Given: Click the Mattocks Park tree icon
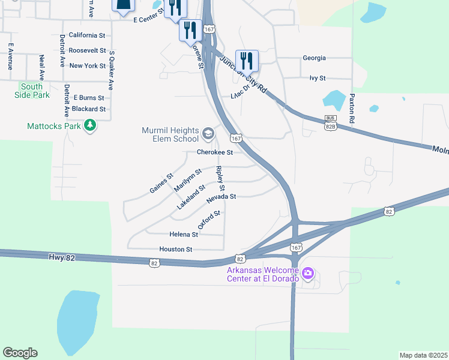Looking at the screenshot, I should tap(90, 125).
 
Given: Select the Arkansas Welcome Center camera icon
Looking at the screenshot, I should tap(308, 274).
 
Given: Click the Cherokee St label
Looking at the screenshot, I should tap(215, 152).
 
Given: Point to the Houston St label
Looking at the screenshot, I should tap(175, 249).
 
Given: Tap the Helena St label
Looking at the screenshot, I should tap(184, 234).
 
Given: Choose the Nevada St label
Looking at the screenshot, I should tap(221, 196).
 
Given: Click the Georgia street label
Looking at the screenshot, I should tap(314, 58).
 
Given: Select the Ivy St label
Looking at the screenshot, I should tap(317, 78).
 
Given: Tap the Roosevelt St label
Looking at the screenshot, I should tap(87, 50).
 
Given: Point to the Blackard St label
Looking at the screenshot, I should tap(88, 109).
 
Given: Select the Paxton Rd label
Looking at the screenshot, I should tap(352, 108).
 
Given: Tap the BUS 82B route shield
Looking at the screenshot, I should tap(330, 123).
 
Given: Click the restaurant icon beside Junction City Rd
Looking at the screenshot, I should tap(247, 61).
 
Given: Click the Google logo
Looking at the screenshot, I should tap(20, 353).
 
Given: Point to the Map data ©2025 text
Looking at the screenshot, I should tap(423, 355).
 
